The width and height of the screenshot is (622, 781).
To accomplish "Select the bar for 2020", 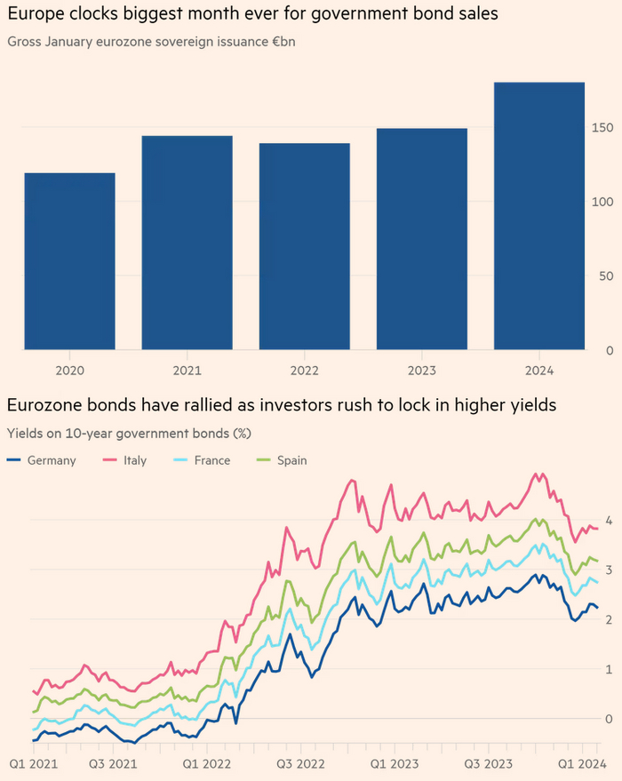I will point(69,261).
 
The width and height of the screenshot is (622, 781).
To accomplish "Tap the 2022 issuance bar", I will point(304,246).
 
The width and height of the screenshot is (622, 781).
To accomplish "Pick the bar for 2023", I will point(421,239).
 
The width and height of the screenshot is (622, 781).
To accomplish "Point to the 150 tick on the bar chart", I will point(603,128).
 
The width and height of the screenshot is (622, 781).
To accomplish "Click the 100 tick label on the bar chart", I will point(603,202).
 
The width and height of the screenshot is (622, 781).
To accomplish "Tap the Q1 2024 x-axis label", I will point(579,764).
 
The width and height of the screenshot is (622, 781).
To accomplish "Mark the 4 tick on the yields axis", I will point(608,520).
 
